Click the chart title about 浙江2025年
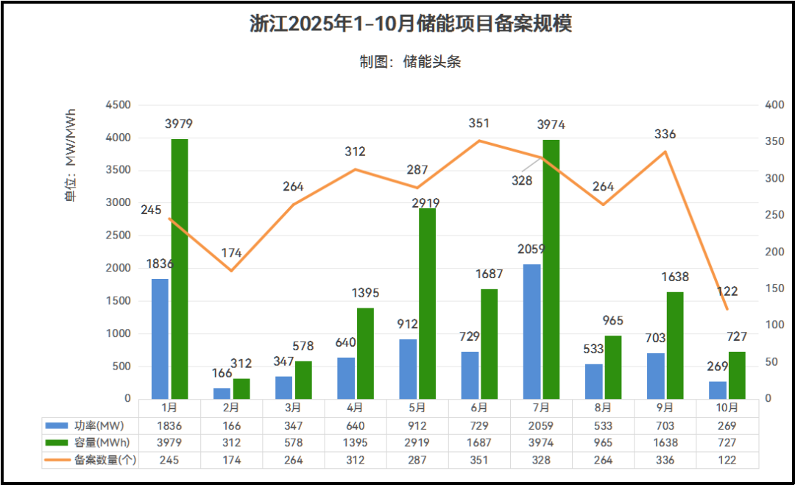click(x=411, y=24)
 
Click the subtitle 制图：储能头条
click(x=410, y=62)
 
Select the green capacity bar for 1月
click(x=180, y=269)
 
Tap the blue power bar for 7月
click(x=531, y=331)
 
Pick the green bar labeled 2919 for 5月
click(x=427, y=303)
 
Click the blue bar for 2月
click(x=222, y=393)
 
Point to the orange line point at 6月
click(x=479, y=141)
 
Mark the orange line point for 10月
click(x=727, y=309)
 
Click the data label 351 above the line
click(x=478, y=123)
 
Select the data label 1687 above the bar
click(x=489, y=274)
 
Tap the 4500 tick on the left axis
click(x=118, y=105)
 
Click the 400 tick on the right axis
click(x=775, y=105)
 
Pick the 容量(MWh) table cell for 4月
click(x=355, y=442)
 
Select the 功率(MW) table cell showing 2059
click(x=540, y=425)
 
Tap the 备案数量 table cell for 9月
click(x=664, y=459)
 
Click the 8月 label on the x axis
click(x=602, y=407)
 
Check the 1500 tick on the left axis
click(x=118, y=301)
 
